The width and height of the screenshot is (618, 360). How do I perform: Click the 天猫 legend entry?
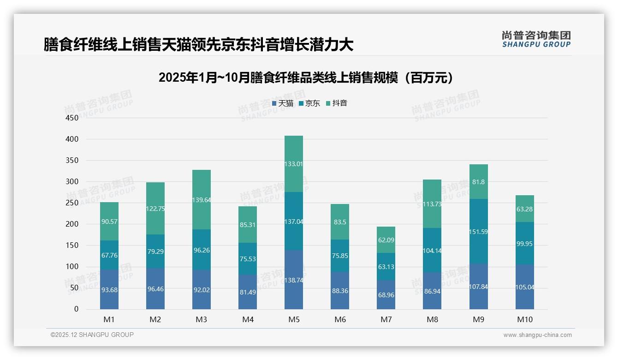pyautogui.click(x=283, y=103)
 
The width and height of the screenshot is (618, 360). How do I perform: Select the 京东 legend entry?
pyautogui.click(x=309, y=103)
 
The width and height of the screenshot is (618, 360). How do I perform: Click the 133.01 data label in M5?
pyautogui.click(x=294, y=164)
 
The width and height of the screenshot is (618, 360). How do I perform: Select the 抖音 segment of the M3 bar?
pyautogui.click(x=202, y=199)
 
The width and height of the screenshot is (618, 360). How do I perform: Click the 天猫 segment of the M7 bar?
pyautogui.click(x=386, y=295)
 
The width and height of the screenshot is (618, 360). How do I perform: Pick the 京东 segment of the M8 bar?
pyautogui.click(x=432, y=250)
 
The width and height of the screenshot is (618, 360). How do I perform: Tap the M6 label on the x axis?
pyautogui.click(x=340, y=319)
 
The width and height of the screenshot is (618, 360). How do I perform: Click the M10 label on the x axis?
pyautogui.click(x=524, y=319)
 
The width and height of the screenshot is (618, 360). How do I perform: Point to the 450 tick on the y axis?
pyautogui.click(x=72, y=118)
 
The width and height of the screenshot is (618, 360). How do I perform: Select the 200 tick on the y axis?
pyautogui.click(x=72, y=224)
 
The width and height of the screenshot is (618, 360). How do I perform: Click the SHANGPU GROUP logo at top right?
pyautogui.click(x=536, y=39)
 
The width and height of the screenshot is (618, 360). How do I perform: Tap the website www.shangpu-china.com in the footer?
pyautogui.click(x=537, y=335)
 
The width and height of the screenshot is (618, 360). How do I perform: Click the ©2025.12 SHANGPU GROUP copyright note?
pyautogui.click(x=92, y=335)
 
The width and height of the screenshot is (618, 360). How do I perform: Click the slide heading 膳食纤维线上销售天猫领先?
pyautogui.click(x=198, y=45)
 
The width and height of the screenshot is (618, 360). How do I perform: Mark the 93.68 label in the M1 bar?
pyautogui.click(x=109, y=289)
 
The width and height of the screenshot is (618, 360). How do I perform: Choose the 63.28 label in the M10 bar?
pyautogui.click(x=524, y=210)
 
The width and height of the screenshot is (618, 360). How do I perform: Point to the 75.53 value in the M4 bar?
pyautogui.click(x=248, y=259)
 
